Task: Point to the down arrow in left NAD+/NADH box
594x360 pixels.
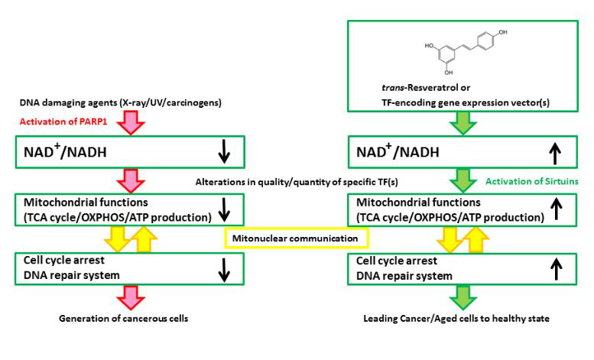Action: coord(223,152)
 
